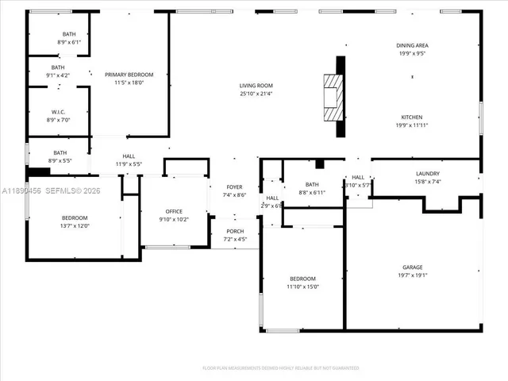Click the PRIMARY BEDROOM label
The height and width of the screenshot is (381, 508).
click(x=129, y=75)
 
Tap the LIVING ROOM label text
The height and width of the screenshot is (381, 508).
click(x=256, y=86)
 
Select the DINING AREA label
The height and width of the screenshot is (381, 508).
click(x=411, y=46)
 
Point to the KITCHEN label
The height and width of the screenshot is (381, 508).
click(x=411, y=117)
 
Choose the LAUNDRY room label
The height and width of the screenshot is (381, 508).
click(x=427, y=174)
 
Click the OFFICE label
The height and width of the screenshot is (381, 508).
click(x=174, y=212)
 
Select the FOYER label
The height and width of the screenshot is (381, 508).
click(x=234, y=187)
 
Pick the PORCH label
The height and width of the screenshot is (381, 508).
click(x=234, y=231)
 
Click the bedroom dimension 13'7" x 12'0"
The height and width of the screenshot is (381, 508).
click(x=75, y=225)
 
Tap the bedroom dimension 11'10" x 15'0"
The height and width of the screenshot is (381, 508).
click(x=302, y=287)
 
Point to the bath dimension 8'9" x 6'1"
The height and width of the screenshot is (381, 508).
click(x=70, y=42)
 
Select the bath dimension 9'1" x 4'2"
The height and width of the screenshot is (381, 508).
click(x=58, y=75)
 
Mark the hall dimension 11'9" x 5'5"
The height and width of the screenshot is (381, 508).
click(x=129, y=164)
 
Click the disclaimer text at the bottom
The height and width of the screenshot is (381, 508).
click(x=280, y=368)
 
